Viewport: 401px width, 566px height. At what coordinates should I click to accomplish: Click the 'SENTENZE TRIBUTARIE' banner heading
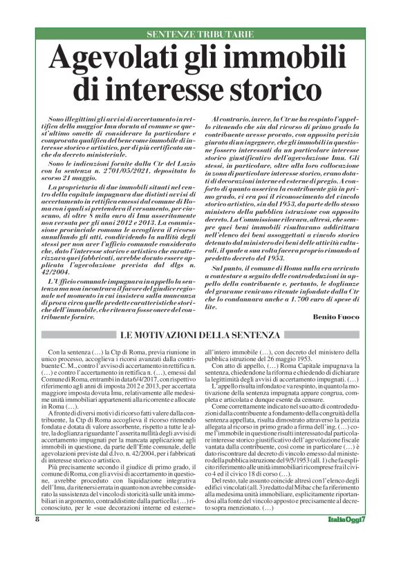[200, 34]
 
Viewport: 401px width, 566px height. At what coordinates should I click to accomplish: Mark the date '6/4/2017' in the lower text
[137, 370]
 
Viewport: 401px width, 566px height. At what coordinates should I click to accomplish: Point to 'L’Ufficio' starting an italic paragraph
[63, 282]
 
